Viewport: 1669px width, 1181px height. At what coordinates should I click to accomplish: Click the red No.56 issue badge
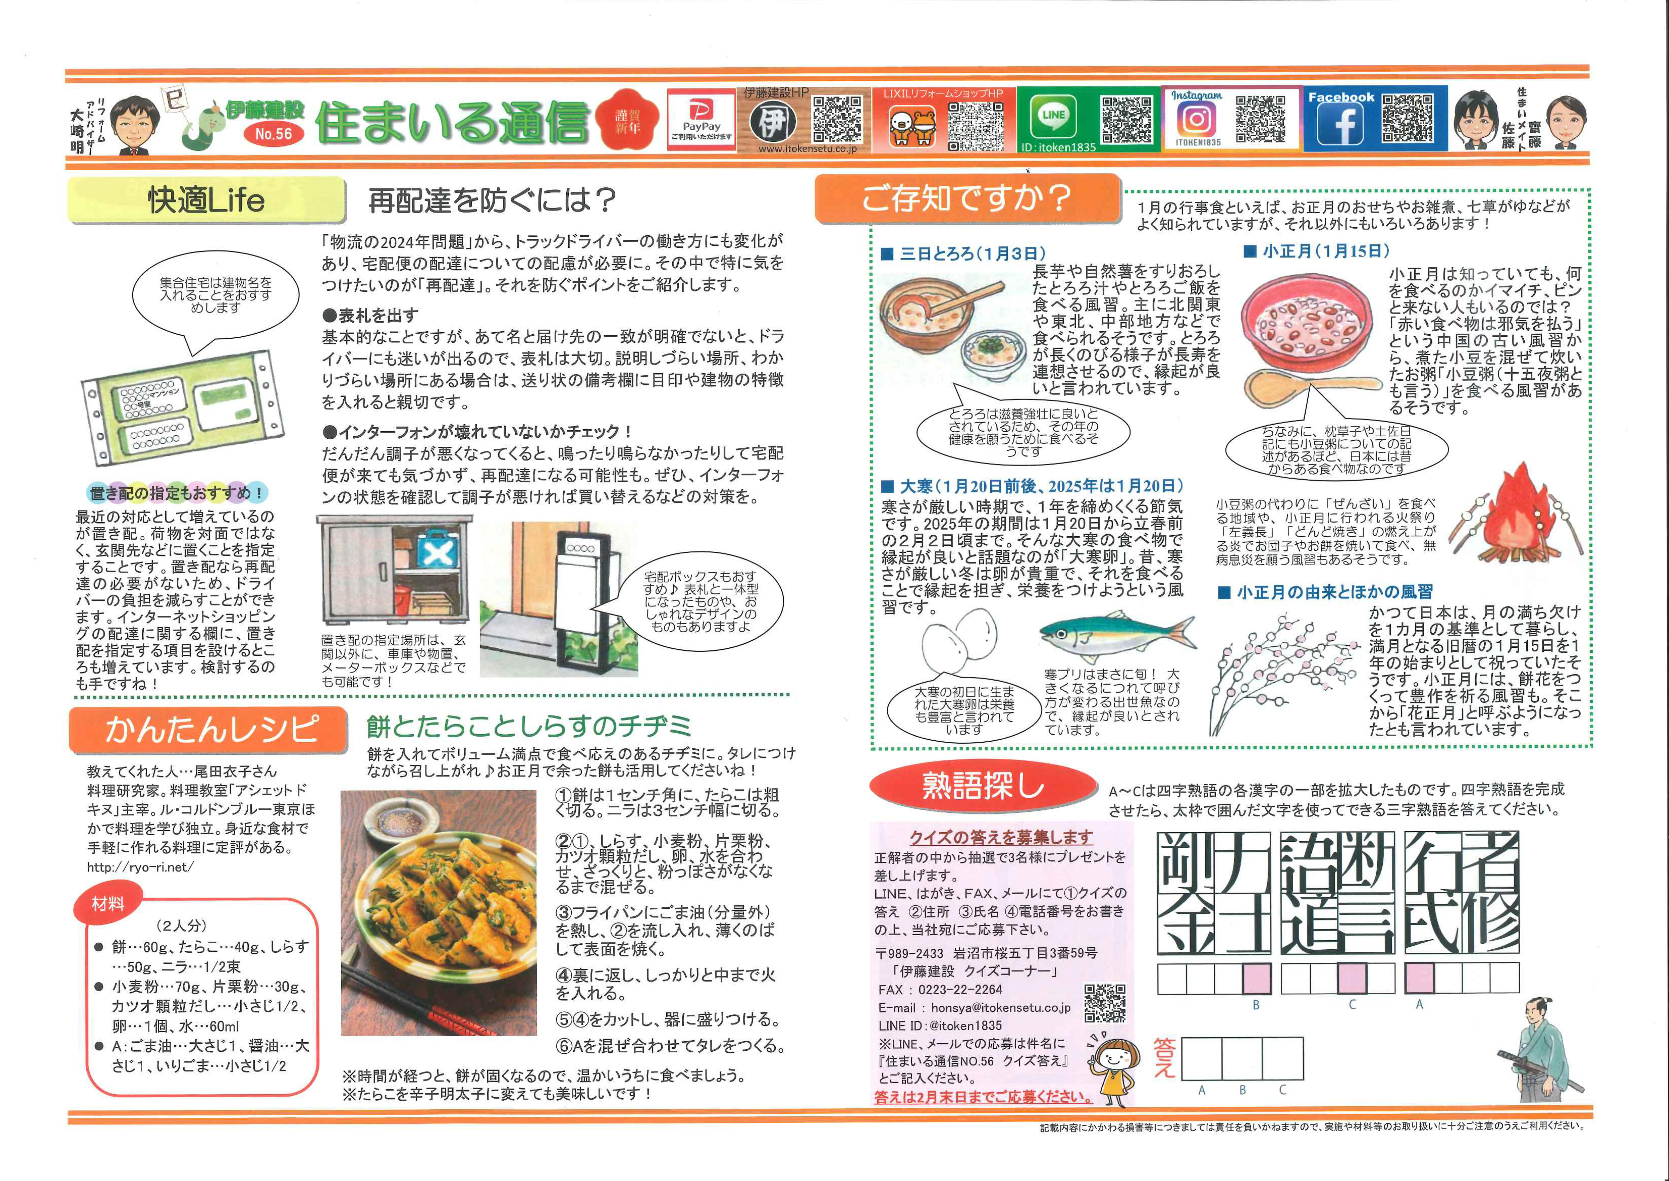[x=273, y=134]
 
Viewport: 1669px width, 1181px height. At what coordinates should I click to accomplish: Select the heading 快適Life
[x=206, y=200]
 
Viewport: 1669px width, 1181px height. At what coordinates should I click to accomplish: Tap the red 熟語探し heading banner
[x=983, y=786]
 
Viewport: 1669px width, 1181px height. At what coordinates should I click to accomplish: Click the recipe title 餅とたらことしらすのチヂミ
[x=529, y=725]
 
